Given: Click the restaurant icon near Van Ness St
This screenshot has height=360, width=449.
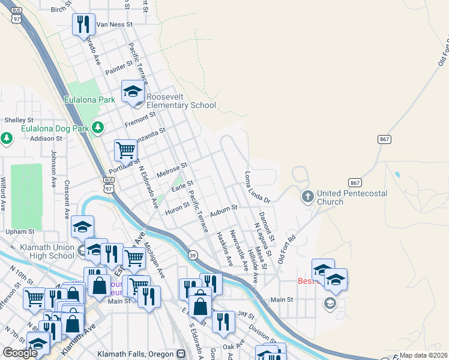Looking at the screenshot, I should click(x=83, y=25).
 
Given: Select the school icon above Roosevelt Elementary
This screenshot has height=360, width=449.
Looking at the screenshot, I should click(x=133, y=92).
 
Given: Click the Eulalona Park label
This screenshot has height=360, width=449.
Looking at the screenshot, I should click(x=89, y=100).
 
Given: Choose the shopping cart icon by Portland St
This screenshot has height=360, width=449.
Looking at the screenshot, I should click(x=125, y=149).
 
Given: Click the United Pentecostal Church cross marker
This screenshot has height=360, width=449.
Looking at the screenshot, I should click(x=307, y=196).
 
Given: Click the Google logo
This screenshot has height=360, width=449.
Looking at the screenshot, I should click(x=20, y=353).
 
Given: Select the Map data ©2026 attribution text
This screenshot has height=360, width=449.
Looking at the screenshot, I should click(x=424, y=355).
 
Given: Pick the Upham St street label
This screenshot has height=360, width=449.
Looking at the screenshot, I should click(x=20, y=231).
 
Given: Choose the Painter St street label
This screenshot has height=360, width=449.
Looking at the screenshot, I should click(x=119, y=68).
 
